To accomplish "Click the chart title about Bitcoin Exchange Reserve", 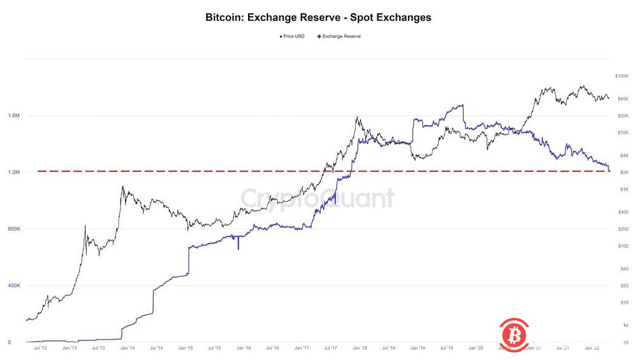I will coord(318,18).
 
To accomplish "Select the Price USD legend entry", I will coord(293,36).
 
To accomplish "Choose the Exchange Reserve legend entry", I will coord(340,36).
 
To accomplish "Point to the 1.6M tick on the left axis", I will coord(14,116).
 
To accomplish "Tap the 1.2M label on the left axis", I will coord(14,172).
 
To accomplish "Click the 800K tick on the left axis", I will coord(14,229).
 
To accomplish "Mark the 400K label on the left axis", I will coord(14,285).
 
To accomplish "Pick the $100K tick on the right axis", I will coord(622,76).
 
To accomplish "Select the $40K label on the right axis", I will coord(623,99).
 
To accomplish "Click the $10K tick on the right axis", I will coord(623,133).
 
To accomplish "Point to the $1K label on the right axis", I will coord(625,189).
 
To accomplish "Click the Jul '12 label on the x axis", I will coord(40,347).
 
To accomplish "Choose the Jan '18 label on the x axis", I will coord(359,347).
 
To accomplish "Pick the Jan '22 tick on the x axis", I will coord(591,347).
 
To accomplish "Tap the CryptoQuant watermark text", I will coord(318,199).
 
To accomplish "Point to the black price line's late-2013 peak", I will coord(123,187).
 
